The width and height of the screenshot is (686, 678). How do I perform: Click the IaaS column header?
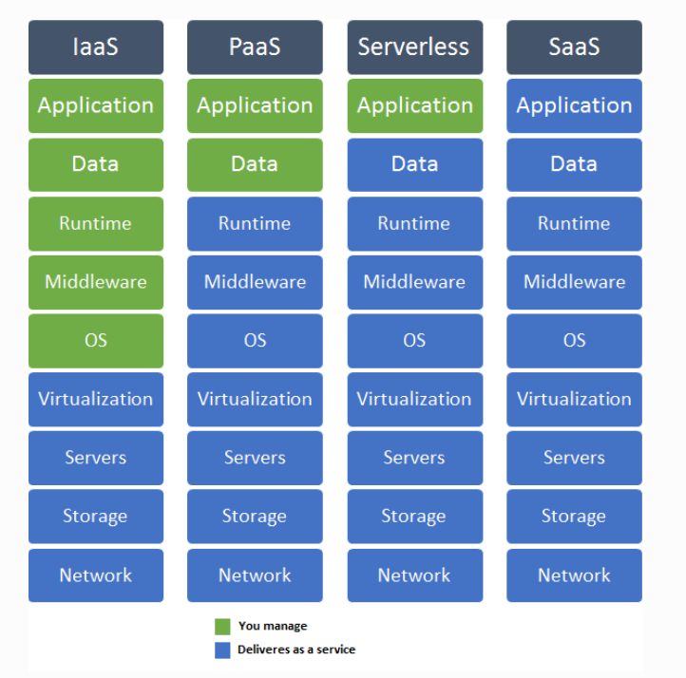click(95, 47)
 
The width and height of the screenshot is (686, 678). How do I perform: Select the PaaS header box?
click(255, 47)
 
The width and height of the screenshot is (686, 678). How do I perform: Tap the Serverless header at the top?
click(414, 47)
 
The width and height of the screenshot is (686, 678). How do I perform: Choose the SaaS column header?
click(574, 47)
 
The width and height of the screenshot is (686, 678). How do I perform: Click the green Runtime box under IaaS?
click(95, 223)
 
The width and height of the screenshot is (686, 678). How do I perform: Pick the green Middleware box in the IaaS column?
click(95, 282)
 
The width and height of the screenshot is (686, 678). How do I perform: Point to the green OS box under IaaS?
click(95, 340)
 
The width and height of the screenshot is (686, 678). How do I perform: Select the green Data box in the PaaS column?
click(255, 164)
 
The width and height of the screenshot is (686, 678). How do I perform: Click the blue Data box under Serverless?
click(414, 164)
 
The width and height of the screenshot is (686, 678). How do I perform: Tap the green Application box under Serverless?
click(414, 105)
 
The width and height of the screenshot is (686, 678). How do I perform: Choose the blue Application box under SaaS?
click(574, 105)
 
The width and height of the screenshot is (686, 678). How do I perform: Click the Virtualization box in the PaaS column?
click(255, 399)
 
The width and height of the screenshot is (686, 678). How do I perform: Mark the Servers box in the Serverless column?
click(414, 458)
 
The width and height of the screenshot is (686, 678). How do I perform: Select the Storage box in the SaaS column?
click(574, 517)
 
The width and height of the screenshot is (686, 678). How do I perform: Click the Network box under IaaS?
click(95, 575)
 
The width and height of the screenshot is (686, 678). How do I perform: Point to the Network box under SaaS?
click(574, 575)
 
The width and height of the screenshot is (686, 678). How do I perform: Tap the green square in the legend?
click(222, 627)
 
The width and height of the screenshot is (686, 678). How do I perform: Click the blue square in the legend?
click(222, 650)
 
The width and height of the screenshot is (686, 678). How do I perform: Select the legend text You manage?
click(273, 627)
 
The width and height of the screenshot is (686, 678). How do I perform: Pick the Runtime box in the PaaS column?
click(255, 223)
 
